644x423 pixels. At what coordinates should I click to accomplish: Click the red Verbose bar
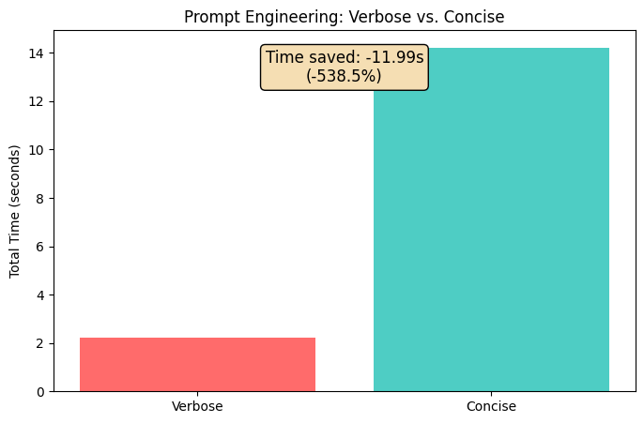pos(197,365)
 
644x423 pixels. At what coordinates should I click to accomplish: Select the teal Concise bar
pos(491,219)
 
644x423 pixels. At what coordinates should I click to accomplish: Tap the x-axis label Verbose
pos(197,407)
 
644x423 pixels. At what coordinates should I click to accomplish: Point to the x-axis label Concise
pos(491,407)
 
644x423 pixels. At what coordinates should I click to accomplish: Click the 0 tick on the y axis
pos(39,392)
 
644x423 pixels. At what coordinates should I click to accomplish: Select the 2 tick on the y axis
pos(39,343)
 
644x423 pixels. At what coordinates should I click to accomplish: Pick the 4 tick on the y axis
pos(39,295)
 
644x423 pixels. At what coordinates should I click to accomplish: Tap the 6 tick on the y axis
pos(39,247)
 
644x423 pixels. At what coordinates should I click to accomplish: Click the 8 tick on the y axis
pos(39,199)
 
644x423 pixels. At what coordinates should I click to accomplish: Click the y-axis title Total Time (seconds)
pos(15,211)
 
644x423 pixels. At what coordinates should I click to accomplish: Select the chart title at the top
pos(344,17)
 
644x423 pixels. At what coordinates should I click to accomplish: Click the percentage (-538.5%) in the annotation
pos(344,76)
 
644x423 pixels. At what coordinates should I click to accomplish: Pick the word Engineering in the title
pos(279,17)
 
